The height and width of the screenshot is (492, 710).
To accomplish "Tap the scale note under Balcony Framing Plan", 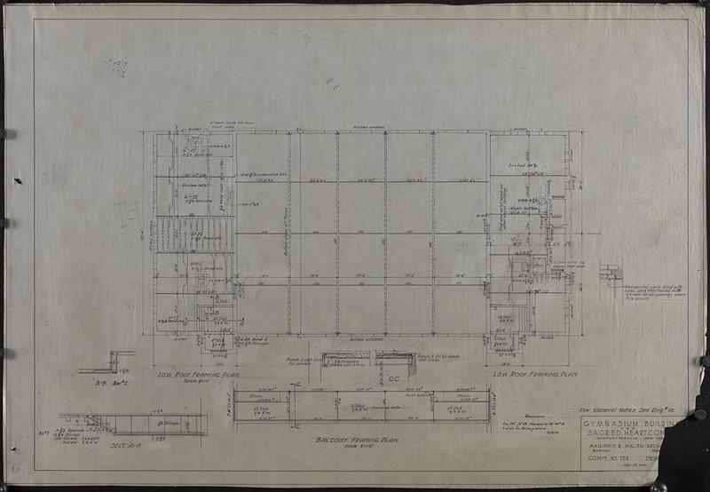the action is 359,448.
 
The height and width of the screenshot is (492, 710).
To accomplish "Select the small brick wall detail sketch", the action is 611,274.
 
